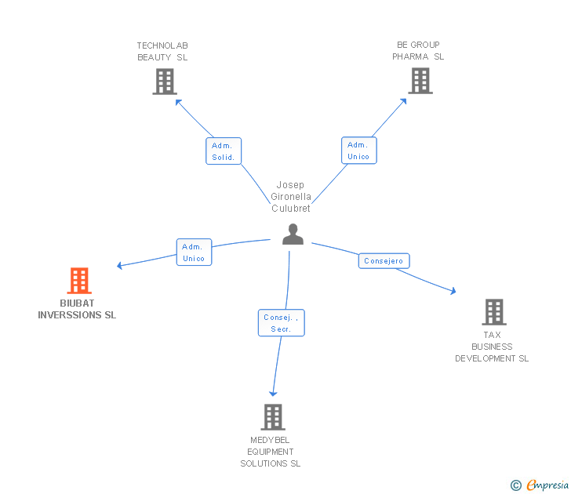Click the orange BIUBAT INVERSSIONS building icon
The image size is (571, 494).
(79, 281)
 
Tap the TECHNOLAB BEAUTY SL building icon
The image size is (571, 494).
(165, 82)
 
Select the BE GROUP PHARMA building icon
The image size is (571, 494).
(420, 81)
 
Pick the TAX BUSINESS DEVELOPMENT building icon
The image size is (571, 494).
(494, 312)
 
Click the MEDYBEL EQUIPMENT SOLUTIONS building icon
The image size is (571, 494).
(273, 417)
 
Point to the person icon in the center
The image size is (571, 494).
(293, 234)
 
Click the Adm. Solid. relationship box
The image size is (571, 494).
(224, 151)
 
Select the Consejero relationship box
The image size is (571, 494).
(384, 260)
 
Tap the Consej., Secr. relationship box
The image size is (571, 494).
(281, 323)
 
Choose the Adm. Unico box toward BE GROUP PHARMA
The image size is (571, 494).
(358, 151)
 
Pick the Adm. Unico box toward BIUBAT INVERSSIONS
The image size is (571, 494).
(193, 252)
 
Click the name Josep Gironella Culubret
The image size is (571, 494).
(291, 197)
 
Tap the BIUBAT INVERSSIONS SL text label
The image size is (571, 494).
(77, 309)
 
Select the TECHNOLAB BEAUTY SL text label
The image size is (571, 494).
(162, 51)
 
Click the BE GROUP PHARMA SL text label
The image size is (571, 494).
(418, 51)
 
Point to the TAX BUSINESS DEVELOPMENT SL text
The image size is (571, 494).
(492, 347)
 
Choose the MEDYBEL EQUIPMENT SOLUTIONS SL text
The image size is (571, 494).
(271, 452)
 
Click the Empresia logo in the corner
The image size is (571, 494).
(540, 485)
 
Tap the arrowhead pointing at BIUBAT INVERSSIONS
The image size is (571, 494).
(120, 266)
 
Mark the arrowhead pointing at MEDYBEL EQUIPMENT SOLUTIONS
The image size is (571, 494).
(273, 393)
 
